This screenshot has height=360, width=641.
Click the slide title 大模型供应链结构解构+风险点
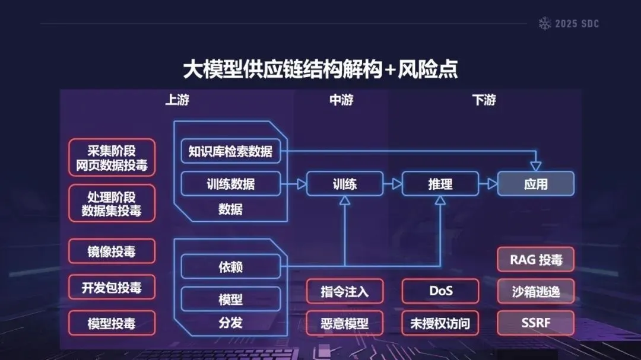tap(320, 69)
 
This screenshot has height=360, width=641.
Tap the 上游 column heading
tap(177, 100)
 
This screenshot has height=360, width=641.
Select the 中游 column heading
tap(341, 100)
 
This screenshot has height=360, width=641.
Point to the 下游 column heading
tap(484, 100)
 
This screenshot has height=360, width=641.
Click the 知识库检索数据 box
tap(230, 151)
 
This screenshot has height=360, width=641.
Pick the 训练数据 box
tap(230, 184)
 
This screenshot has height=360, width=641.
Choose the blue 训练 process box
tap(345, 184)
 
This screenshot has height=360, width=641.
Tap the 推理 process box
tap(440, 184)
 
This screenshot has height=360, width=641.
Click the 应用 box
tap(535, 184)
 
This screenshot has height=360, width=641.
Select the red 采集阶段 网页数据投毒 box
tap(112, 158)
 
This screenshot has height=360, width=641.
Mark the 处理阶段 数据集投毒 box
tap(112, 203)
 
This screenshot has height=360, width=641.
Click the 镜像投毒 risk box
tap(112, 251)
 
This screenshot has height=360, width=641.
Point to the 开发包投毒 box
tap(112, 288)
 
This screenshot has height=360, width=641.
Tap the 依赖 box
tap(230, 267)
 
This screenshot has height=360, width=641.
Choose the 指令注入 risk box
tap(345, 291)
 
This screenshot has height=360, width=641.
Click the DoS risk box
tap(440, 291)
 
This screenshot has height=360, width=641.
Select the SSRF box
tap(535, 323)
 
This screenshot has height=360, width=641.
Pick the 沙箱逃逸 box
tap(535, 291)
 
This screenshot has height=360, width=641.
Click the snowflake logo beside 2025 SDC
tap(544, 24)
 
